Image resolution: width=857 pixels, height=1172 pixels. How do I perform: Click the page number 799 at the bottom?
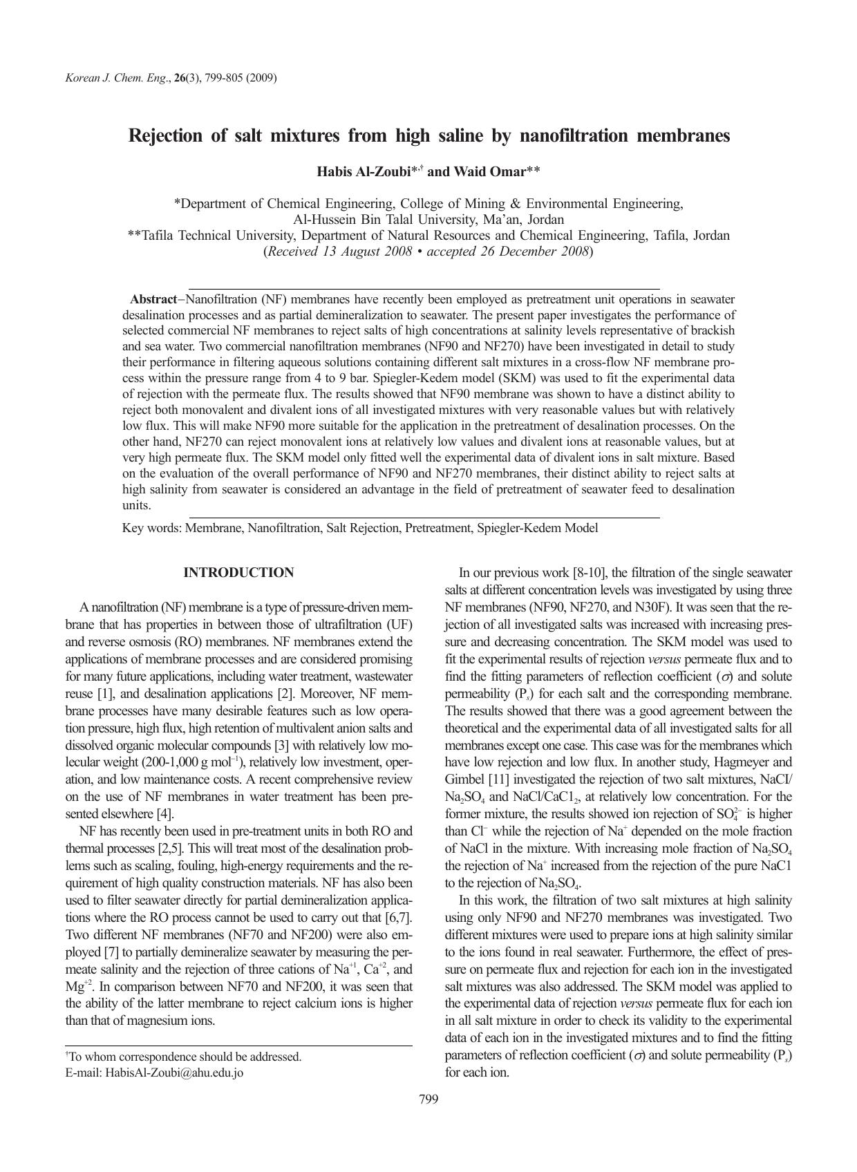pos(428,1099)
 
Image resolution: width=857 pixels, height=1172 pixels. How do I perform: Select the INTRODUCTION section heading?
pos(238,573)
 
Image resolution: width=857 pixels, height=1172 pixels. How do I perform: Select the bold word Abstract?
pos(153,299)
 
